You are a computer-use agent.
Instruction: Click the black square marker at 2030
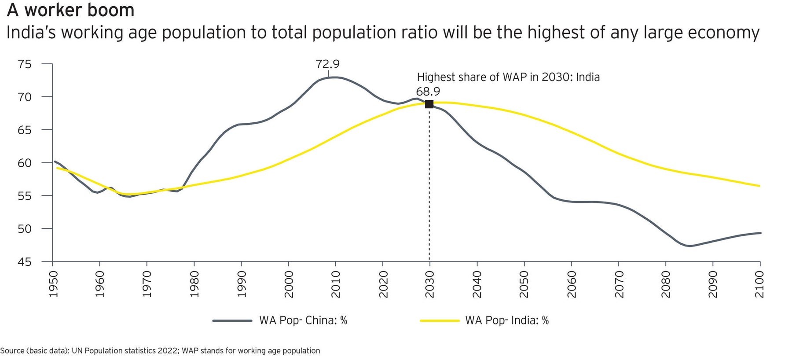point(429,104)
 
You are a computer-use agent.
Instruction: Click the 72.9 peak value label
point(327,64)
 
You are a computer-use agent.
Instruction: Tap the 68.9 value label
point(428,92)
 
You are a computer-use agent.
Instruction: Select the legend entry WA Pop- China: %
point(303,320)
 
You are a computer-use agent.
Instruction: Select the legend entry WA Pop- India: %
point(507,320)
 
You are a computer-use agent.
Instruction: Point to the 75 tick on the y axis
point(25,64)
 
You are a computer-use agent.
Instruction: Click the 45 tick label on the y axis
point(25,262)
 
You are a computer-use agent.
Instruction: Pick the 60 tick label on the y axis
point(25,163)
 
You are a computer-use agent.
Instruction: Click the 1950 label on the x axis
point(53,284)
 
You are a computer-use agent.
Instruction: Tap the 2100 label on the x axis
point(759,284)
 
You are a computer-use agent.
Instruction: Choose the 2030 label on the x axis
point(429,284)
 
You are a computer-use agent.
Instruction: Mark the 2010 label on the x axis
point(335,284)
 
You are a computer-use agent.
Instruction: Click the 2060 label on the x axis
point(571,284)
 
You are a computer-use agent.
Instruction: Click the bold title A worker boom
point(70,10)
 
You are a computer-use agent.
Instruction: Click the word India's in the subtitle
point(31,33)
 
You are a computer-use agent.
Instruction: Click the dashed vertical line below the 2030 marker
point(429,185)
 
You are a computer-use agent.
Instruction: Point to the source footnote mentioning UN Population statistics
point(160,351)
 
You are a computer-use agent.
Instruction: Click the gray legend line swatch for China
point(232,321)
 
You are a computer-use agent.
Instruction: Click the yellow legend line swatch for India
point(440,321)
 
